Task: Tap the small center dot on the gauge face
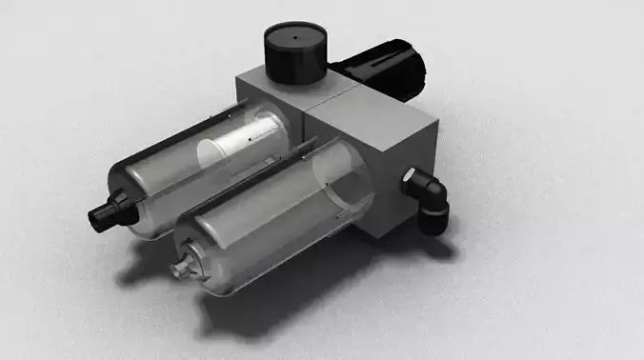pyautogui.click(x=295, y=39)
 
